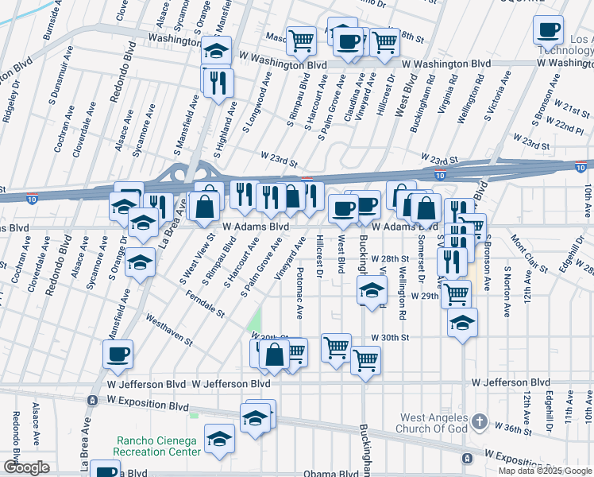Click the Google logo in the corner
pos(26,467)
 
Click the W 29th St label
pos(425,295)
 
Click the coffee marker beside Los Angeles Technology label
pos(548,29)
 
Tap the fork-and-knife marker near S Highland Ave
pos(218,81)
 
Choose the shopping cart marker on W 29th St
pos(456,293)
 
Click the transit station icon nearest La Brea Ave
pos(93,400)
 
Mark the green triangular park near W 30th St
pos(254,320)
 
